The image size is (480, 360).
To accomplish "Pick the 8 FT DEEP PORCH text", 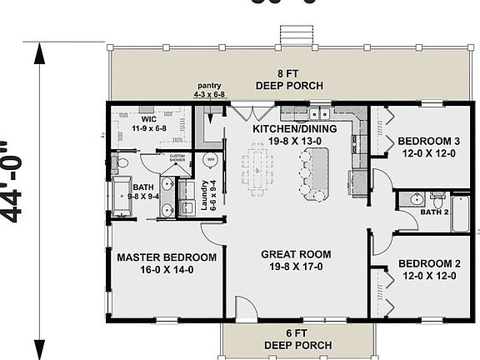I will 288,79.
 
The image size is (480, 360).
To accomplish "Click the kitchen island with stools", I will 321,173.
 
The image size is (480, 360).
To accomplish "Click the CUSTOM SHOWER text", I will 177,157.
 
